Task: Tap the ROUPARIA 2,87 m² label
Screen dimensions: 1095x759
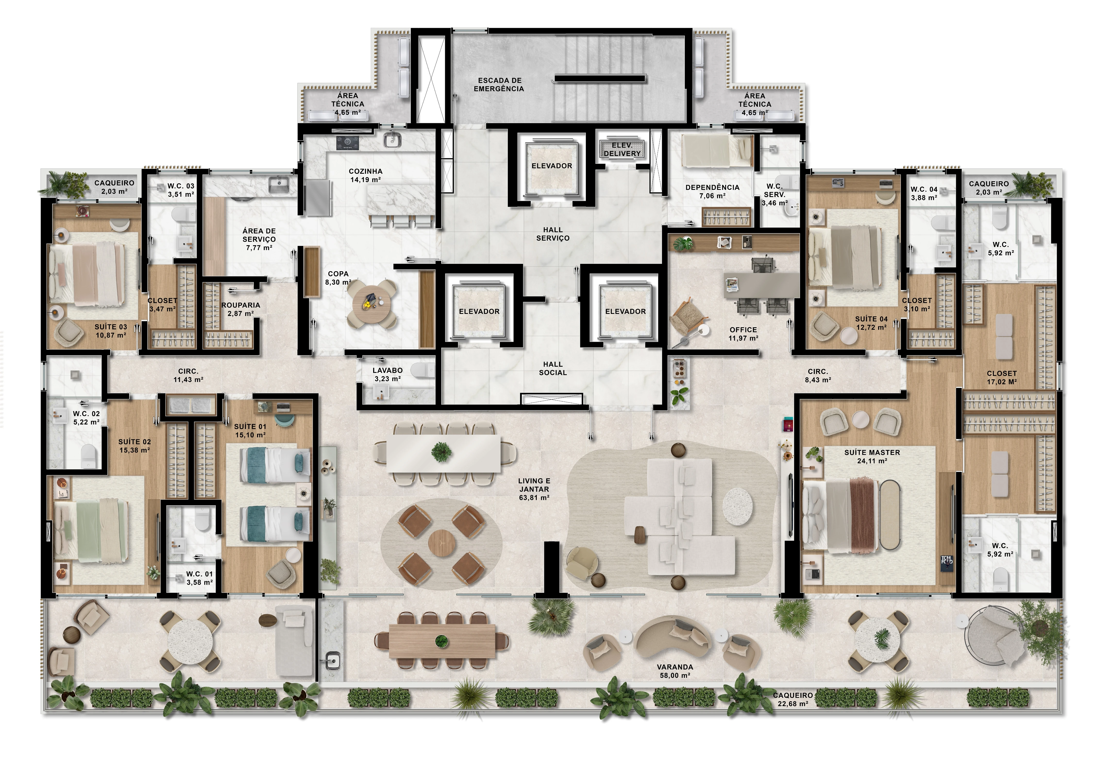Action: (241, 309)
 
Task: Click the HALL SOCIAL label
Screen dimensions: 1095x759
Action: (553, 368)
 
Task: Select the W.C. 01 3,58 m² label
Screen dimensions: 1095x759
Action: (199, 578)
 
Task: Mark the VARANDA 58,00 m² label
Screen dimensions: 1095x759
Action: (675, 671)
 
